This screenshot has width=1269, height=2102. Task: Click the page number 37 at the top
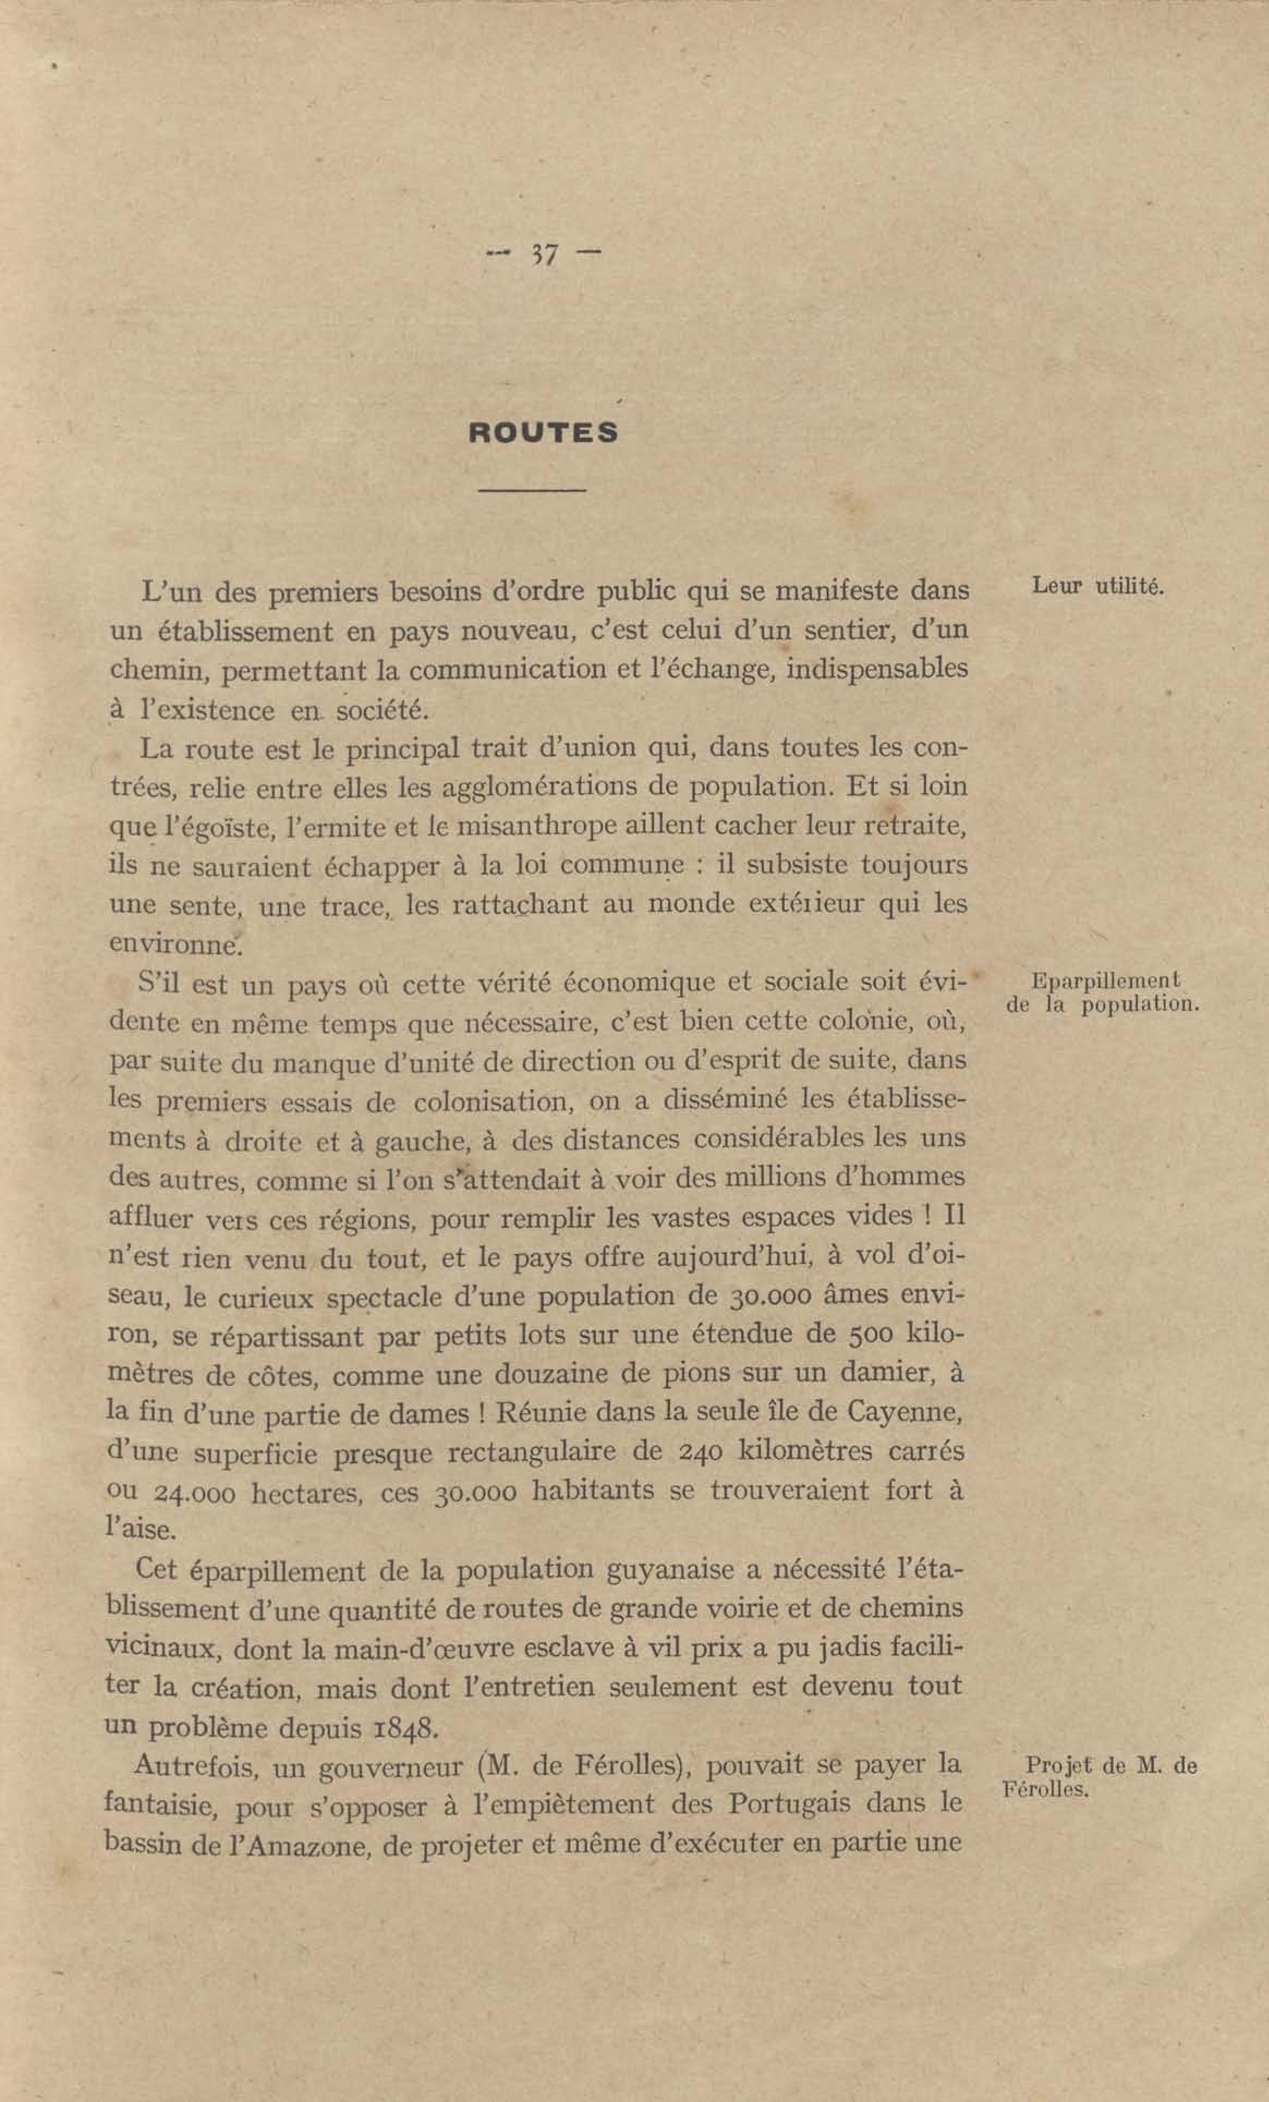(543, 253)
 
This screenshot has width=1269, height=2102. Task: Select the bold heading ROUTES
(543, 433)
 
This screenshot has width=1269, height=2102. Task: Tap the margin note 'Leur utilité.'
(1097, 586)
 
